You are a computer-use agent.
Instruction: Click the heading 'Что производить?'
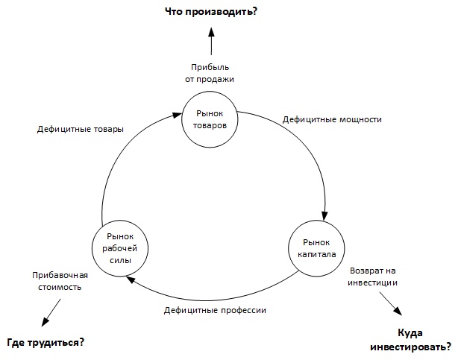click(211, 12)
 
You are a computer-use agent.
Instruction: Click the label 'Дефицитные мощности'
click(332, 119)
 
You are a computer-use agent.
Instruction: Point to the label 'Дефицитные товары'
click(81, 129)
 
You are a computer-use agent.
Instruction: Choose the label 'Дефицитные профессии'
click(215, 310)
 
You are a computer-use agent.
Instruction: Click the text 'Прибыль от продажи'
click(210, 73)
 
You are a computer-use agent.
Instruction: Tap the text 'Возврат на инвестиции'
click(372, 277)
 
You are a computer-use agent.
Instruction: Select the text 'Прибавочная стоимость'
click(60, 281)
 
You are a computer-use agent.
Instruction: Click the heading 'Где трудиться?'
click(46, 342)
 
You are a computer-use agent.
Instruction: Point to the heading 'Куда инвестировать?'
click(410, 340)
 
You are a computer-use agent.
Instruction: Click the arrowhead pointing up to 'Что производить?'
click(211, 32)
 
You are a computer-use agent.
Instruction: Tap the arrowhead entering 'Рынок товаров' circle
click(177, 115)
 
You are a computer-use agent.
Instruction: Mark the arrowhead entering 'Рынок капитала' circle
click(324, 215)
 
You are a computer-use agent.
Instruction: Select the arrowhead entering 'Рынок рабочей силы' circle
click(131, 280)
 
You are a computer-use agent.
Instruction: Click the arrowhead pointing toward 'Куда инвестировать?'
click(398, 312)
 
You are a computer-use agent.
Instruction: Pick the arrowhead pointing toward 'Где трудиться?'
click(45, 322)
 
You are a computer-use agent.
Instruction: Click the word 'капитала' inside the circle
click(316, 254)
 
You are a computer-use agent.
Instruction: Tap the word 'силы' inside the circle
click(120, 260)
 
